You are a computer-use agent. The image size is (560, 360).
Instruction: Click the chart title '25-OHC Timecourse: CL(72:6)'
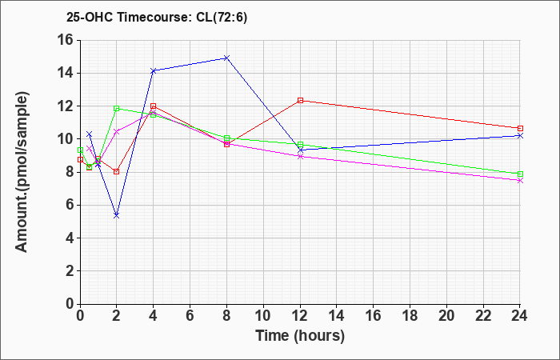pyautogui.click(x=157, y=18)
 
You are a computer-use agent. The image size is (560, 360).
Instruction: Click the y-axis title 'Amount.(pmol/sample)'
pyautogui.click(x=22, y=172)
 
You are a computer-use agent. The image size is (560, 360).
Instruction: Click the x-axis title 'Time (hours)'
pyautogui.click(x=300, y=336)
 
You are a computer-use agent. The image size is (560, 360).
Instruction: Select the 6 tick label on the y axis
pyautogui.click(x=69, y=206)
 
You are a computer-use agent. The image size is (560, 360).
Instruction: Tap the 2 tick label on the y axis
pyautogui.click(x=69, y=271)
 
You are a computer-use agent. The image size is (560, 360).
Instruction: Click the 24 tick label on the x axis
pyautogui.click(x=519, y=316)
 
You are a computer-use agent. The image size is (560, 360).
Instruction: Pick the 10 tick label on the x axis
pyautogui.click(x=263, y=316)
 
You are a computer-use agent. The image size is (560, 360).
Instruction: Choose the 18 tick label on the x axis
pyautogui.click(x=410, y=316)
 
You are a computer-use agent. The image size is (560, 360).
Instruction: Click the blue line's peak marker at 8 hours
pyautogui.click(x=226, y=58)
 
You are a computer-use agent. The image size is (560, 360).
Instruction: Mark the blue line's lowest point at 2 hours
pyautogui.click(x=117, y=216)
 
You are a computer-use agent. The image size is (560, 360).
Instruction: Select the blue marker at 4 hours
pyautogui.click(x=154, y=70)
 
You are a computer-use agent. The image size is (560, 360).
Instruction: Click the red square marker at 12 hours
pyautogui.click(x=300, y=100)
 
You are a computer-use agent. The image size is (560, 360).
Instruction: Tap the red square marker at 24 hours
pyautogui.click(x=520, y=128)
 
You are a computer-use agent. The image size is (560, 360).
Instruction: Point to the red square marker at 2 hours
pyautogui.click(x=117, y=171)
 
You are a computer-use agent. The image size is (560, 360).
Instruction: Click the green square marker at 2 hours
pyautogui.click(x=117, y=108)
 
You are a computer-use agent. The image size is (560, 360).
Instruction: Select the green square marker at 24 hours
pyautogui.click(x=520, y=174)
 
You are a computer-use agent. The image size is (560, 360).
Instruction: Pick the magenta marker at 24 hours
pyautogui.click(x=520, y=180)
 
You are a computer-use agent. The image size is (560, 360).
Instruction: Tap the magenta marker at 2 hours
pyautogui.click(x=117, y=132)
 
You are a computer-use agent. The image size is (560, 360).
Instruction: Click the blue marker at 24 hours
pyautogui.click(x=520, y=136)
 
